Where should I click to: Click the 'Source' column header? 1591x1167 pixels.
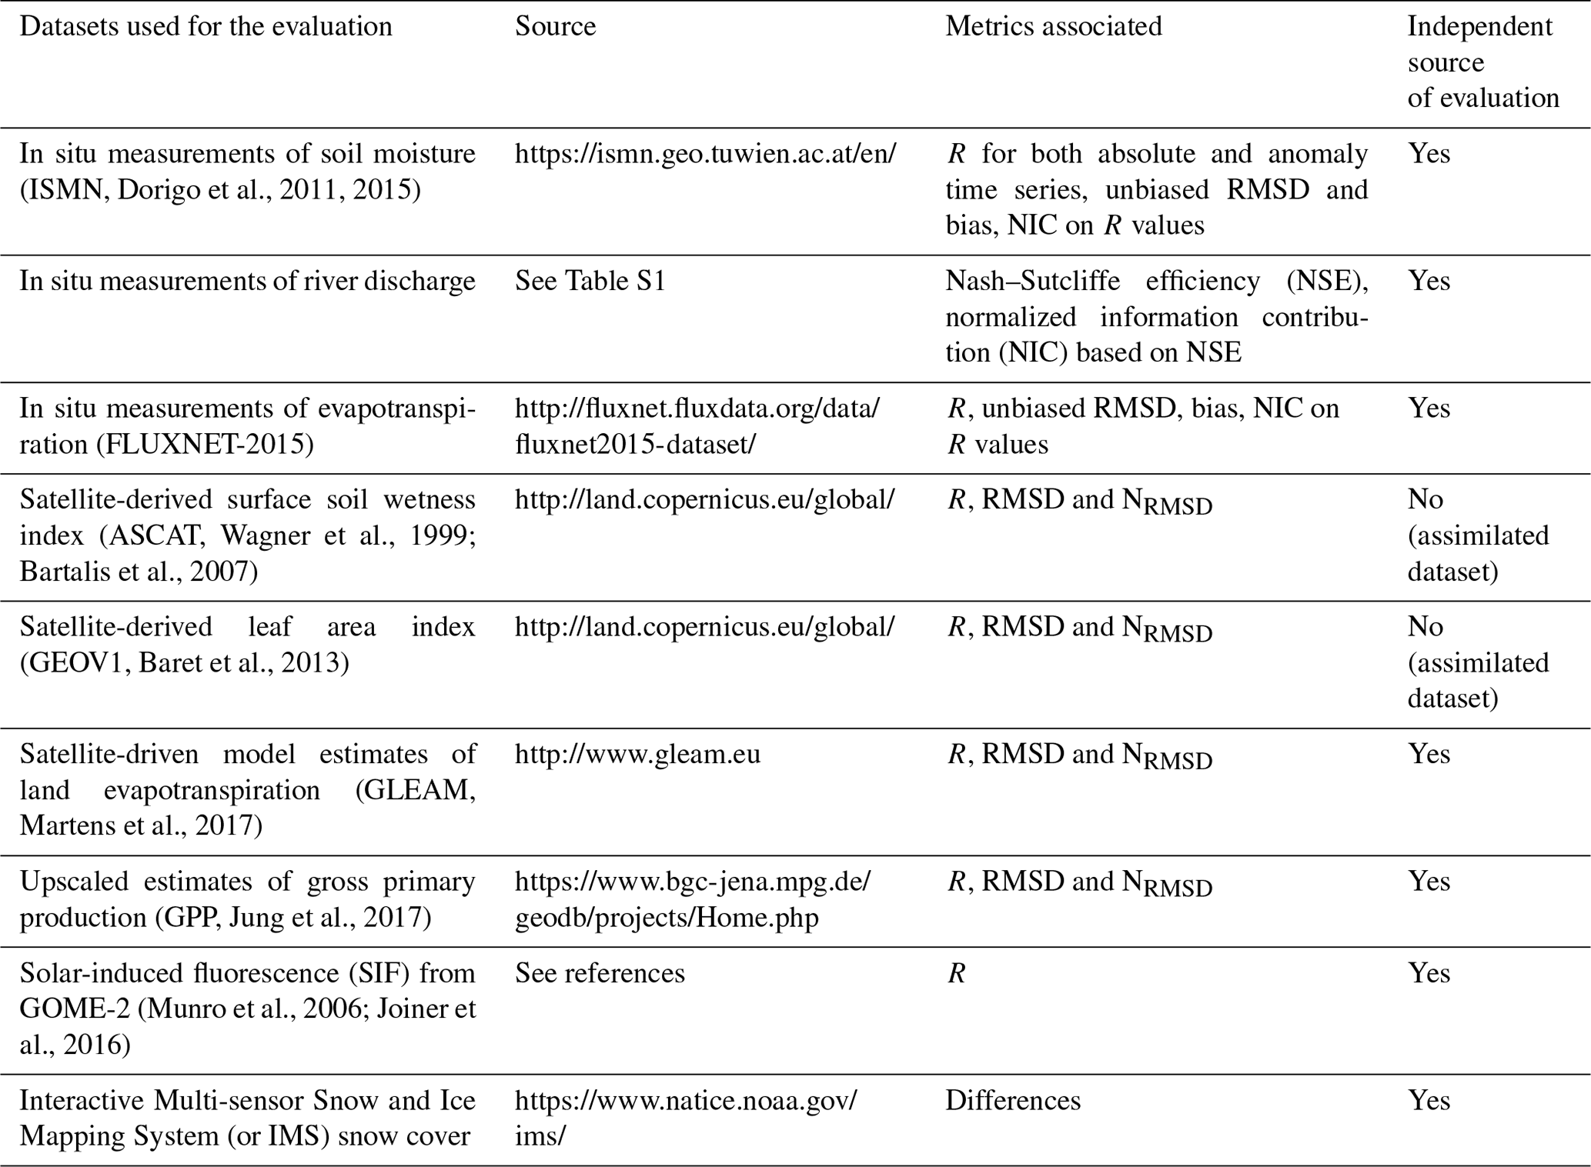click(x=555, y=27)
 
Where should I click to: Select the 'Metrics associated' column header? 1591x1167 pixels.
click(x=1053, y=27)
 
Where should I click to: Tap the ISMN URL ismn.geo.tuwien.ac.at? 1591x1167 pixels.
click(x=705, y=154)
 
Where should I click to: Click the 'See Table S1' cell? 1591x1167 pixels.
click(x=590, y=281)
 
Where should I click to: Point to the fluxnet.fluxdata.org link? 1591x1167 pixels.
click(x=697, y=425)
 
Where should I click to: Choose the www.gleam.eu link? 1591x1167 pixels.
click(x=637, y=754)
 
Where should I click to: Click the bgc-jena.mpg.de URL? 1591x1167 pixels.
click(x=692, y=899)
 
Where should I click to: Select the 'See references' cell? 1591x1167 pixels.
click(x=600, y=973)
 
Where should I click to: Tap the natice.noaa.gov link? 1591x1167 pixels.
click(x=685, y=1118)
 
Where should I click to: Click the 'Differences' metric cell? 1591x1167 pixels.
click(x=1012, y=1100)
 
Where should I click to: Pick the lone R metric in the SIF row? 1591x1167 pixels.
click(x=956, y=974)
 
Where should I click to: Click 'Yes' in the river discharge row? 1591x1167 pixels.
click(x=1429, y=281)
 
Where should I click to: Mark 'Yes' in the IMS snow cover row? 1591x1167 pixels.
click(x=1429, y=1100)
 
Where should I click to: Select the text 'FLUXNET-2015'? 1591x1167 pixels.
click(x=205, y=444)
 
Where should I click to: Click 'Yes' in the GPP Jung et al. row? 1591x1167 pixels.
click(x=1429, y=881)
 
